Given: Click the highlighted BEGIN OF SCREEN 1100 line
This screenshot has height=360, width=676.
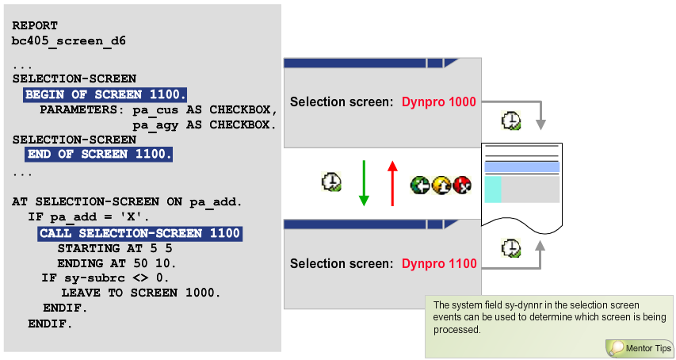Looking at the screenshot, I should tap(105, 95).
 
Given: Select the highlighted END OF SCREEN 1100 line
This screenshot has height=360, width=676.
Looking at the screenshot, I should tap(98, 154).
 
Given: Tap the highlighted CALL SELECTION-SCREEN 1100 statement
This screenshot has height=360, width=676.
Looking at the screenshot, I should tap(139, 233).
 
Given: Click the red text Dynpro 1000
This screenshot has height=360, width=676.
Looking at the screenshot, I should tap(439, 102).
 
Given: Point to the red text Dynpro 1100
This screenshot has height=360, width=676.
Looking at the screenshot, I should tap(439, 263).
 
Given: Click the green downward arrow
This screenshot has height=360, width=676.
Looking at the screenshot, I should tap(364, 183).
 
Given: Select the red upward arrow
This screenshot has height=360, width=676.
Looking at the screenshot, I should tap(391, 183).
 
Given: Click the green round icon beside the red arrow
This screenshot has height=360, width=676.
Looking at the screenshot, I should tap(419, 184).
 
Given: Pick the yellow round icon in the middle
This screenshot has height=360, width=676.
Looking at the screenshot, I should tap(441, 184).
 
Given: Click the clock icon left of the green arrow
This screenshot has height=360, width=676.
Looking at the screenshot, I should tap(331, 182).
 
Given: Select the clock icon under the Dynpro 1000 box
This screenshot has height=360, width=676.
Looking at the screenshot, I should tap(511, 121).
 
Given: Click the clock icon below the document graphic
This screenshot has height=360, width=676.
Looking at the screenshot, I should tap(511, 248).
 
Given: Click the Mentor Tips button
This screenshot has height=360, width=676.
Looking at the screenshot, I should tap(640, 348).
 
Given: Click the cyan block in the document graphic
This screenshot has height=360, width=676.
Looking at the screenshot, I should tap(492, 190).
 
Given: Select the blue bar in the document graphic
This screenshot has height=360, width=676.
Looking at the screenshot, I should tap(521, 167).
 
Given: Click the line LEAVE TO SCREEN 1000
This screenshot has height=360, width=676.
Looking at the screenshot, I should tap(140, 293).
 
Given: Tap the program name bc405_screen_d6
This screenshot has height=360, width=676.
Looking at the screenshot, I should tap(68, 40).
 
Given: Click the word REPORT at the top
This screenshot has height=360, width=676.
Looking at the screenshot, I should tap(35, 25).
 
